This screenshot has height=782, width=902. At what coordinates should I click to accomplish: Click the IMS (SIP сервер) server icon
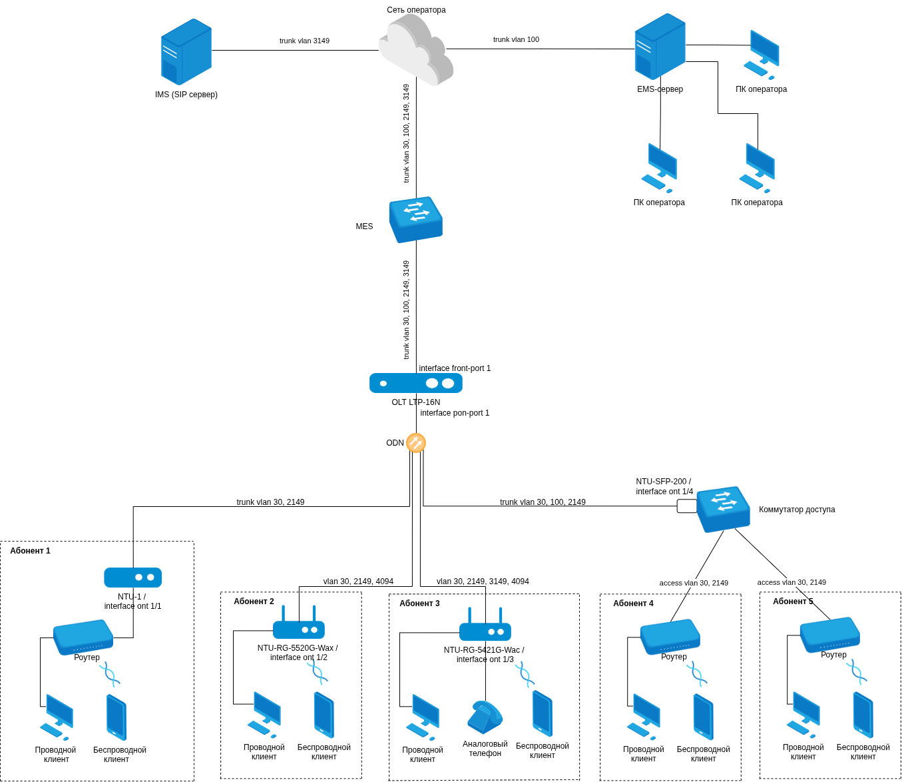click(186, 51)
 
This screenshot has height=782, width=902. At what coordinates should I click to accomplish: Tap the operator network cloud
click(416, 50)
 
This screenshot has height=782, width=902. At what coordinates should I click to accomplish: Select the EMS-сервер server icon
click(660, 47)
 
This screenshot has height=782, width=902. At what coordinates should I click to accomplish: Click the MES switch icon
click(416, 219)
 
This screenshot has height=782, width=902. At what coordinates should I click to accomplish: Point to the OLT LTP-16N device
click(416, 383)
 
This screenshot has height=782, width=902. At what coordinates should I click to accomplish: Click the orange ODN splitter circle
click(416, 443)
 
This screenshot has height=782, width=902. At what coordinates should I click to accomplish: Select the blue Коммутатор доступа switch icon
click(723, 509)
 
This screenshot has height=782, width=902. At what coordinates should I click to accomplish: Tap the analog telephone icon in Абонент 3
click(485, 717)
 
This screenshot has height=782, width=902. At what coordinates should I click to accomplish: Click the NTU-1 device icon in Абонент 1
click(133, 578)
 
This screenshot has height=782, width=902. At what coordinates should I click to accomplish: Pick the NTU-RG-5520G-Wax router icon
click(299, 626)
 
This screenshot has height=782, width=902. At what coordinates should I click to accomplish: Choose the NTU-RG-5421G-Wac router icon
click(485, 628)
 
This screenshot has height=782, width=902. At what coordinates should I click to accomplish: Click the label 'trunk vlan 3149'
click(304, 41)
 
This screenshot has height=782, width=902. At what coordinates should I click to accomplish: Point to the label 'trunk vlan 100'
click(516, 39)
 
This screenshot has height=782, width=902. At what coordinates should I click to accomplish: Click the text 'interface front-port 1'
click(455, 368)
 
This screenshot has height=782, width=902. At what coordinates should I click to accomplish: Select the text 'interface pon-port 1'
click(455, 413)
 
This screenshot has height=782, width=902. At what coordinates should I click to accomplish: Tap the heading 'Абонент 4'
click(633, 603)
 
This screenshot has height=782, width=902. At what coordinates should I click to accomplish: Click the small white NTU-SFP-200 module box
click(687, 506)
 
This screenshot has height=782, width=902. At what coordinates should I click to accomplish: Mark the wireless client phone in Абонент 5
click(863, 715)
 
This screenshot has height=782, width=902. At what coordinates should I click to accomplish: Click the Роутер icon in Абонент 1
click(83, 636)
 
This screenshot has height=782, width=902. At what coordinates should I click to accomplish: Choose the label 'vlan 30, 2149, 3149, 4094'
click(483, 582)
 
